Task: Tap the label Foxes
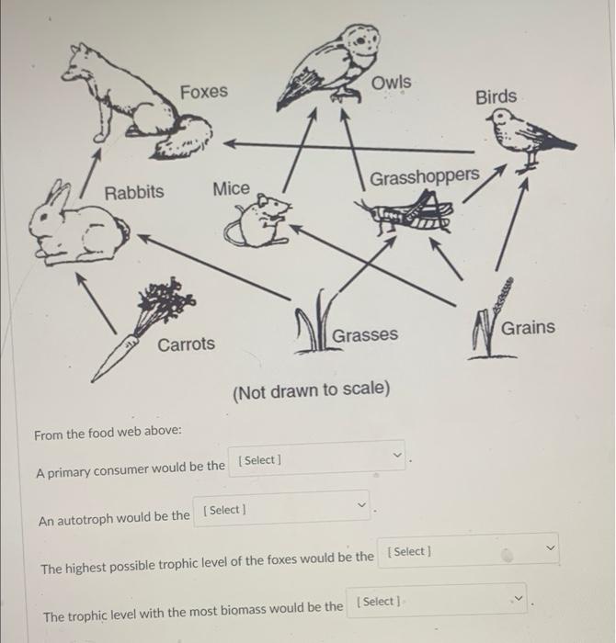[x=204, y=92]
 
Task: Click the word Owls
[x=393, y=83]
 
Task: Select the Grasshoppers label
[x=424, y=175]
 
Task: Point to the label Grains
[x=528, y=328]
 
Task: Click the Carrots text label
[x=186, y=344]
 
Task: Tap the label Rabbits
[x=134, y=192]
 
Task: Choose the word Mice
[x=231, y=188]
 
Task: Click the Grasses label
[x=365, y=335]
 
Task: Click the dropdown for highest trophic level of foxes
[x=469, y=552]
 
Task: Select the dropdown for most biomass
[x=437, y=602]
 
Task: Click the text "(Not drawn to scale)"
[x=311, y=389]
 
